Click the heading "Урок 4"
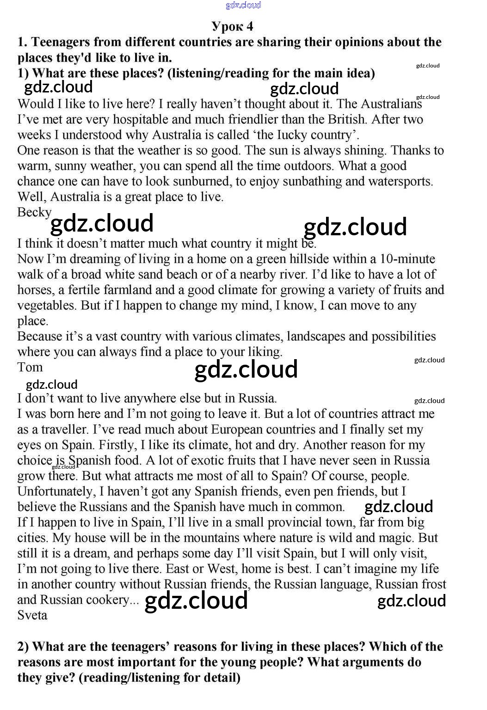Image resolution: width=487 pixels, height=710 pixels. coord(232,26)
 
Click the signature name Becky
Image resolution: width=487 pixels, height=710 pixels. coord(34,212)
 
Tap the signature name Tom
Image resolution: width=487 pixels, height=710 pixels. coord(30,367)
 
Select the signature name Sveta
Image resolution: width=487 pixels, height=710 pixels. coord(32,615)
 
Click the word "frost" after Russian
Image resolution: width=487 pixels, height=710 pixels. coord(431,584)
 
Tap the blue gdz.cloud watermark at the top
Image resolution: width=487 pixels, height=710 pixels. coord(243,5)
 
